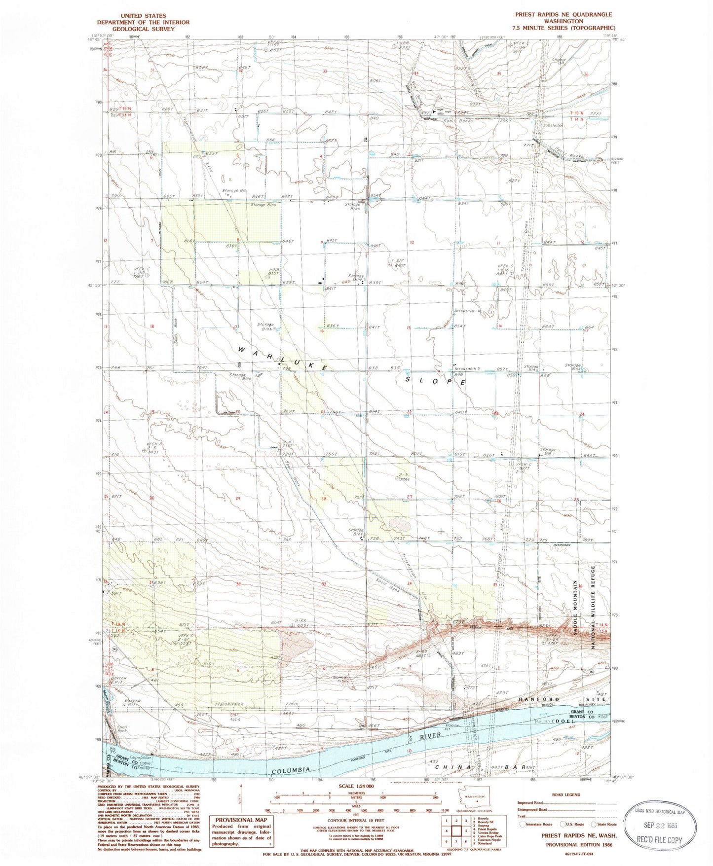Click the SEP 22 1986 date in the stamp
[x=660, y=825]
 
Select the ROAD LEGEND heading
[x=566, y=795]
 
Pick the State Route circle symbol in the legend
[x=593, y=824]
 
